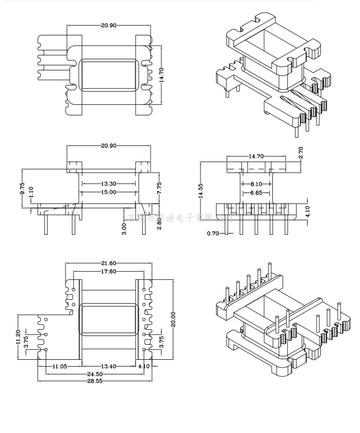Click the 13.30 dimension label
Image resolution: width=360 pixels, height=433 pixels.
coord(108,184)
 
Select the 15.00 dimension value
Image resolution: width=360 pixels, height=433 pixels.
coord(108,192)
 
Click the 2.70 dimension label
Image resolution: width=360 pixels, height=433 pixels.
coord(301,153)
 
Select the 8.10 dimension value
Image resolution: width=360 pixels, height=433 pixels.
coord(256,184)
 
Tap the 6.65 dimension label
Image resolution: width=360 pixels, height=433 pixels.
coord(256,192)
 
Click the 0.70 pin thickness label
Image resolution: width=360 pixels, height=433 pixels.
coord(213,234)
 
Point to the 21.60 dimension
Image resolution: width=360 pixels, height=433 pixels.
coord(109,263)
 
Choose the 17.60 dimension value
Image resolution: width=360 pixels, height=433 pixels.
coord(108,272)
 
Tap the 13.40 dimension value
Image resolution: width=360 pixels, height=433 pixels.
coord(109,366)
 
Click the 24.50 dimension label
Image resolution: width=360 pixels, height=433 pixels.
coord(95,374)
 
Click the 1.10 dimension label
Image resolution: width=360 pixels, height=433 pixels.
coord(31,192)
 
